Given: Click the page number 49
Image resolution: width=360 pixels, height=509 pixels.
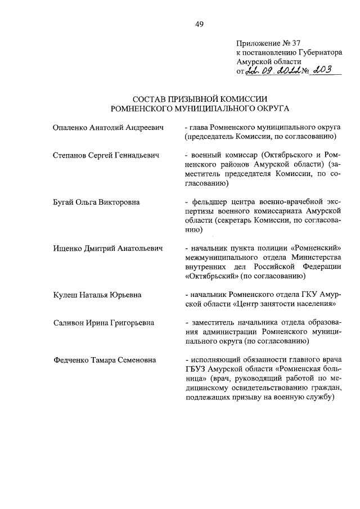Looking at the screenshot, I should (x=199, y=24).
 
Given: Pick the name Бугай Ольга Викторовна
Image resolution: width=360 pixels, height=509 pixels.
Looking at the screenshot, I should (x=96, y=201).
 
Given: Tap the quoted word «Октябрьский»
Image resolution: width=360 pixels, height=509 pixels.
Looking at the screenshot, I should (x=211, y=276).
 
